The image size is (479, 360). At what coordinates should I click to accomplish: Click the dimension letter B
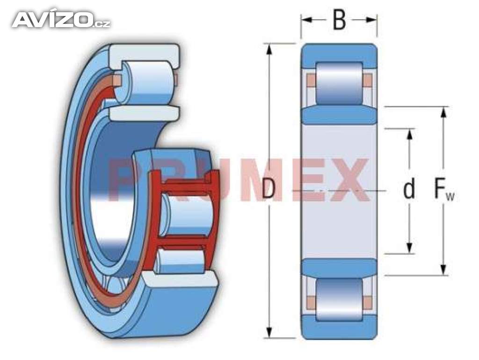point(339,20)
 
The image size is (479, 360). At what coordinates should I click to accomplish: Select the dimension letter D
point(269,189)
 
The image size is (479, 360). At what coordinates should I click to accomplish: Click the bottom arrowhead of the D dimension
point(269,332)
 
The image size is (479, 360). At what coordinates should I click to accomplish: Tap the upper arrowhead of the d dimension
point(410,134)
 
